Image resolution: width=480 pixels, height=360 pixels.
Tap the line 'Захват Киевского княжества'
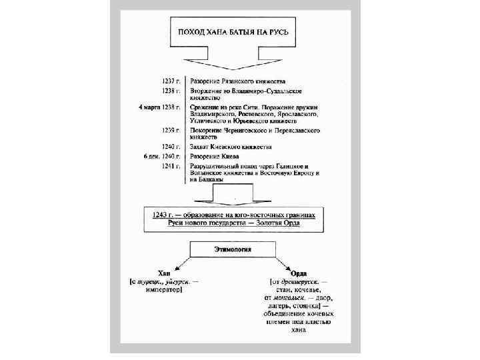click(231, 147)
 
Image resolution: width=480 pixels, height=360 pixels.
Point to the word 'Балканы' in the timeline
click(208, 179)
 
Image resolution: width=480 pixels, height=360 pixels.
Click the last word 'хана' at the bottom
click(298, 329)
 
